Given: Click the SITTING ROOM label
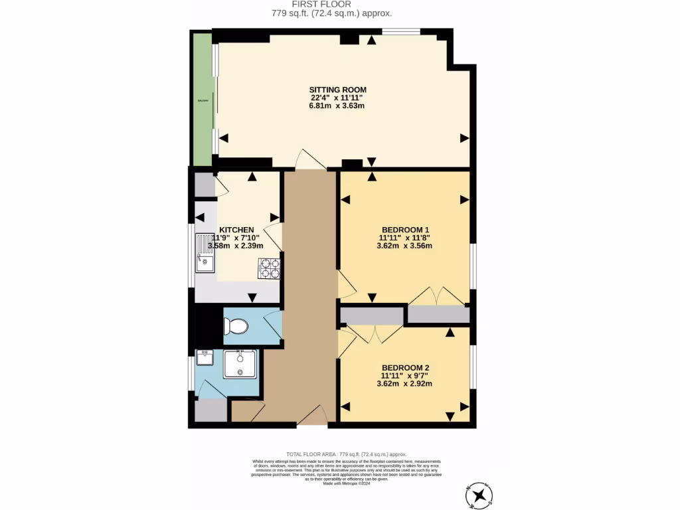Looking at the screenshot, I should point(337,90).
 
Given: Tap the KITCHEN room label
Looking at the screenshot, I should point(237,230).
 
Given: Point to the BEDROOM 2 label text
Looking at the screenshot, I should point(405,368).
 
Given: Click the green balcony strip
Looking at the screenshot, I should point(201,100).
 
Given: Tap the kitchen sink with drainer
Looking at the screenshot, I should point(205,254).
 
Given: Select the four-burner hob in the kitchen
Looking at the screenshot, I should point(269,268).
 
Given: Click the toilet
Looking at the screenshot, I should point(235,326).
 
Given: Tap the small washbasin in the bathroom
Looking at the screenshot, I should point(205,358).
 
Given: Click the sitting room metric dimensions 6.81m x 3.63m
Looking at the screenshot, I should point(337,106).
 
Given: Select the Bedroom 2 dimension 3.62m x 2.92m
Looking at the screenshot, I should point(404,384).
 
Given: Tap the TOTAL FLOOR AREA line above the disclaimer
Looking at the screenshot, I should point(345,454).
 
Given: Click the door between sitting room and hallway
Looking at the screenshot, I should point(310,159).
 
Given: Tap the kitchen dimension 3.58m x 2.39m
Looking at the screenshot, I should point(236,246).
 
